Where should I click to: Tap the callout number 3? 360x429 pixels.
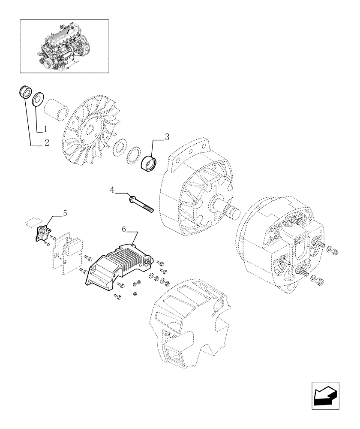click(167, 137)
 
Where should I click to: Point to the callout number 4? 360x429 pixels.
click(112, 190)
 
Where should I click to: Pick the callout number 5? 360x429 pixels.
click(65, 213)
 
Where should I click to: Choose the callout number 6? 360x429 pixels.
click(124, 230)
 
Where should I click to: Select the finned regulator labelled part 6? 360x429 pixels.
click(118, 264)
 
